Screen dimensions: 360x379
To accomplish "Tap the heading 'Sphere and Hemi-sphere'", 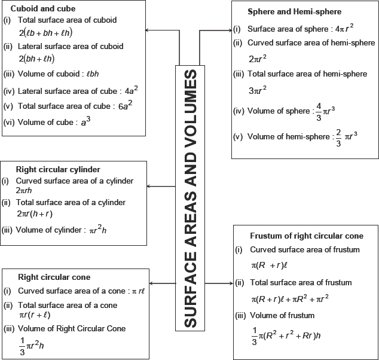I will [x=294, y=11].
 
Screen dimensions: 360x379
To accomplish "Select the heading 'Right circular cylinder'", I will [x=57, y=169].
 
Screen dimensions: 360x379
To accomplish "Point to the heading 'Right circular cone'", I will [x=54, y=277].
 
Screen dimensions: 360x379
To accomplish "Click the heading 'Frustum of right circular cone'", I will [x=307, y=236].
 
